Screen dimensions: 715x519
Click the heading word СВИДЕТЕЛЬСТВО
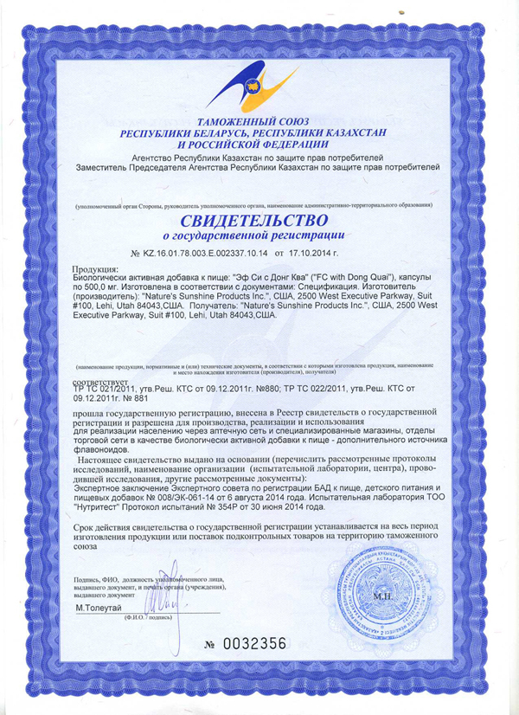tap(259, 219)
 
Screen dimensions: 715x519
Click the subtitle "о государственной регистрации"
tap(259, 235)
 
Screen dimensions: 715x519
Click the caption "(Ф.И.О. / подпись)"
tap(149, 619)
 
